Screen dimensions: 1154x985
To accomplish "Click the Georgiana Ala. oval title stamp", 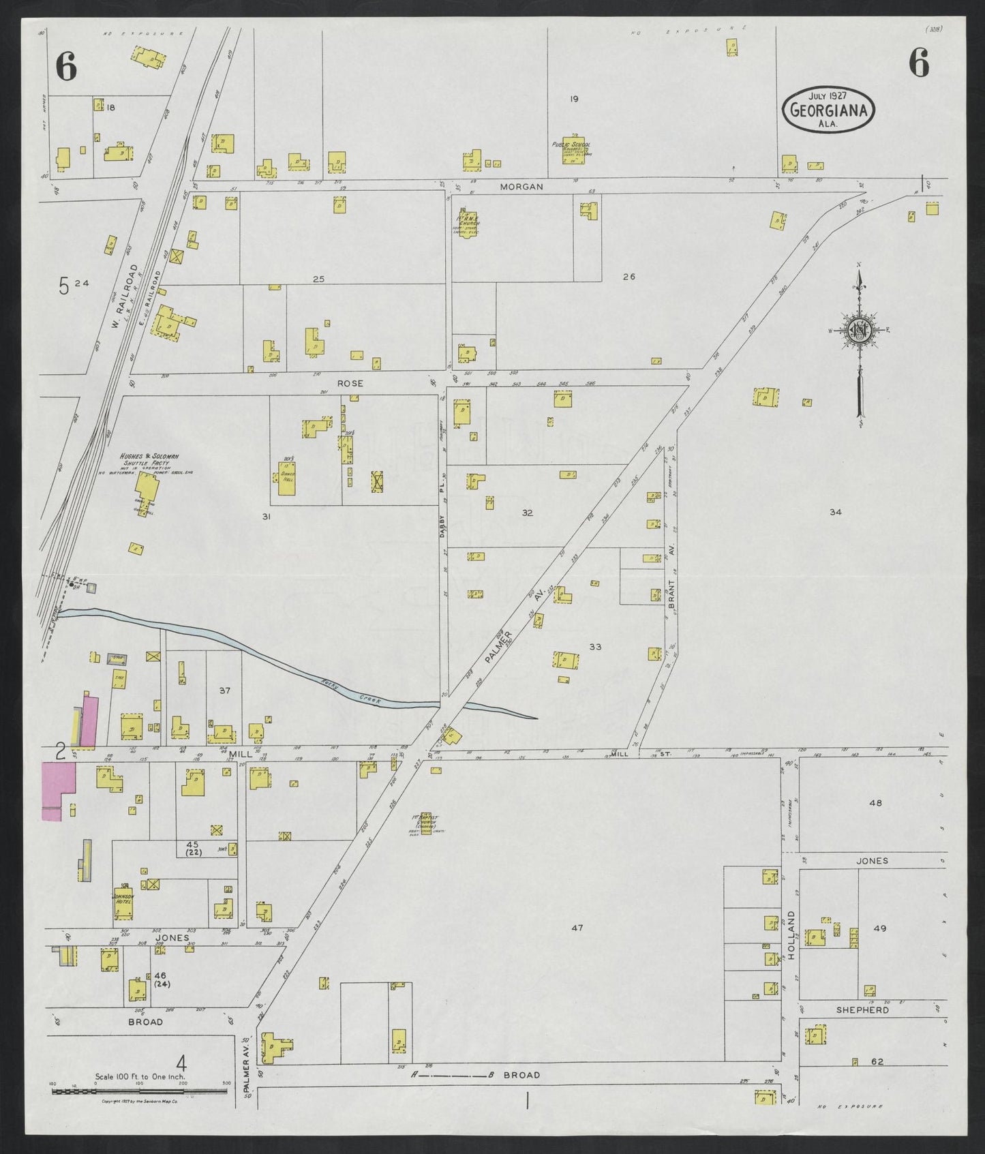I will point(828,109).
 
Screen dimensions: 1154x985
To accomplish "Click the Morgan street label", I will point(521,186).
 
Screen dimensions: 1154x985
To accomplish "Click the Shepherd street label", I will point(862,1009).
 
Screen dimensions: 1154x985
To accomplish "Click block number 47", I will point(577,928).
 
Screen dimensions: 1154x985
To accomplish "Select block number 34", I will point(836,512).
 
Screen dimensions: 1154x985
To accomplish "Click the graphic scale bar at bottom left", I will point(140,1091).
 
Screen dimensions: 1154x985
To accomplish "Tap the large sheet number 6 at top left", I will point(66,66).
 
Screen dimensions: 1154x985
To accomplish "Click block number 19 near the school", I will point(574,99).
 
